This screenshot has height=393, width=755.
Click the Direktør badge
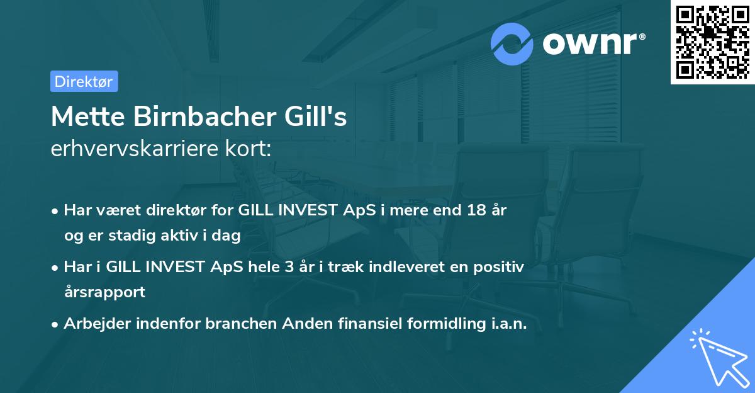[x=84, y=81]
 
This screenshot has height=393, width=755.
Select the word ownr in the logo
[x=589, y=44]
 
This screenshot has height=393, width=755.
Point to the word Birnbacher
[x=195, y=117]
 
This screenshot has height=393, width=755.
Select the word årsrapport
[x=104, y=292]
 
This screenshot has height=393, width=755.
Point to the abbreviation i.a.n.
[x=506, y=324]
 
